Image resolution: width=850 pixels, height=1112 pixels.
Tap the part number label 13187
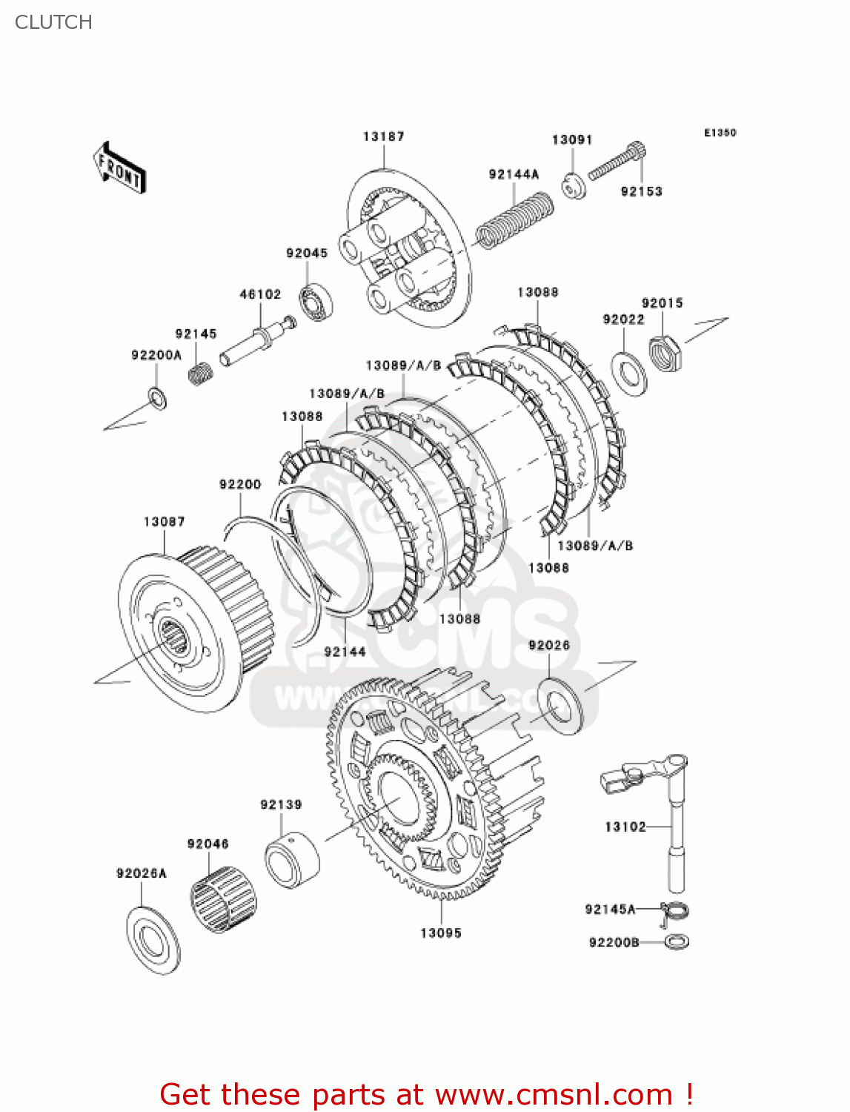[383, 136]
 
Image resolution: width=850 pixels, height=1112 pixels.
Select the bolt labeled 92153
[617, 162]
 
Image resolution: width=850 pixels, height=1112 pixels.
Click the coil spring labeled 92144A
[514, 219]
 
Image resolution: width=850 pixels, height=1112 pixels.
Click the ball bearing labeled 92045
[316, 302]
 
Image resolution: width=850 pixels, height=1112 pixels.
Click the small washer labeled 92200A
[157, 398]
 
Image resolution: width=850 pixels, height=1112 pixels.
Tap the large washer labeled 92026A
[153, 941]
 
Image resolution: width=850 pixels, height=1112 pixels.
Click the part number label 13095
[440, 933]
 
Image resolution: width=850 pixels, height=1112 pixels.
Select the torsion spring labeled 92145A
[674, 911]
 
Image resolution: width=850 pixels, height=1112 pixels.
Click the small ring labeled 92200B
[677, 942]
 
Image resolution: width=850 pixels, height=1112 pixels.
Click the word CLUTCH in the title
[53, 22]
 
